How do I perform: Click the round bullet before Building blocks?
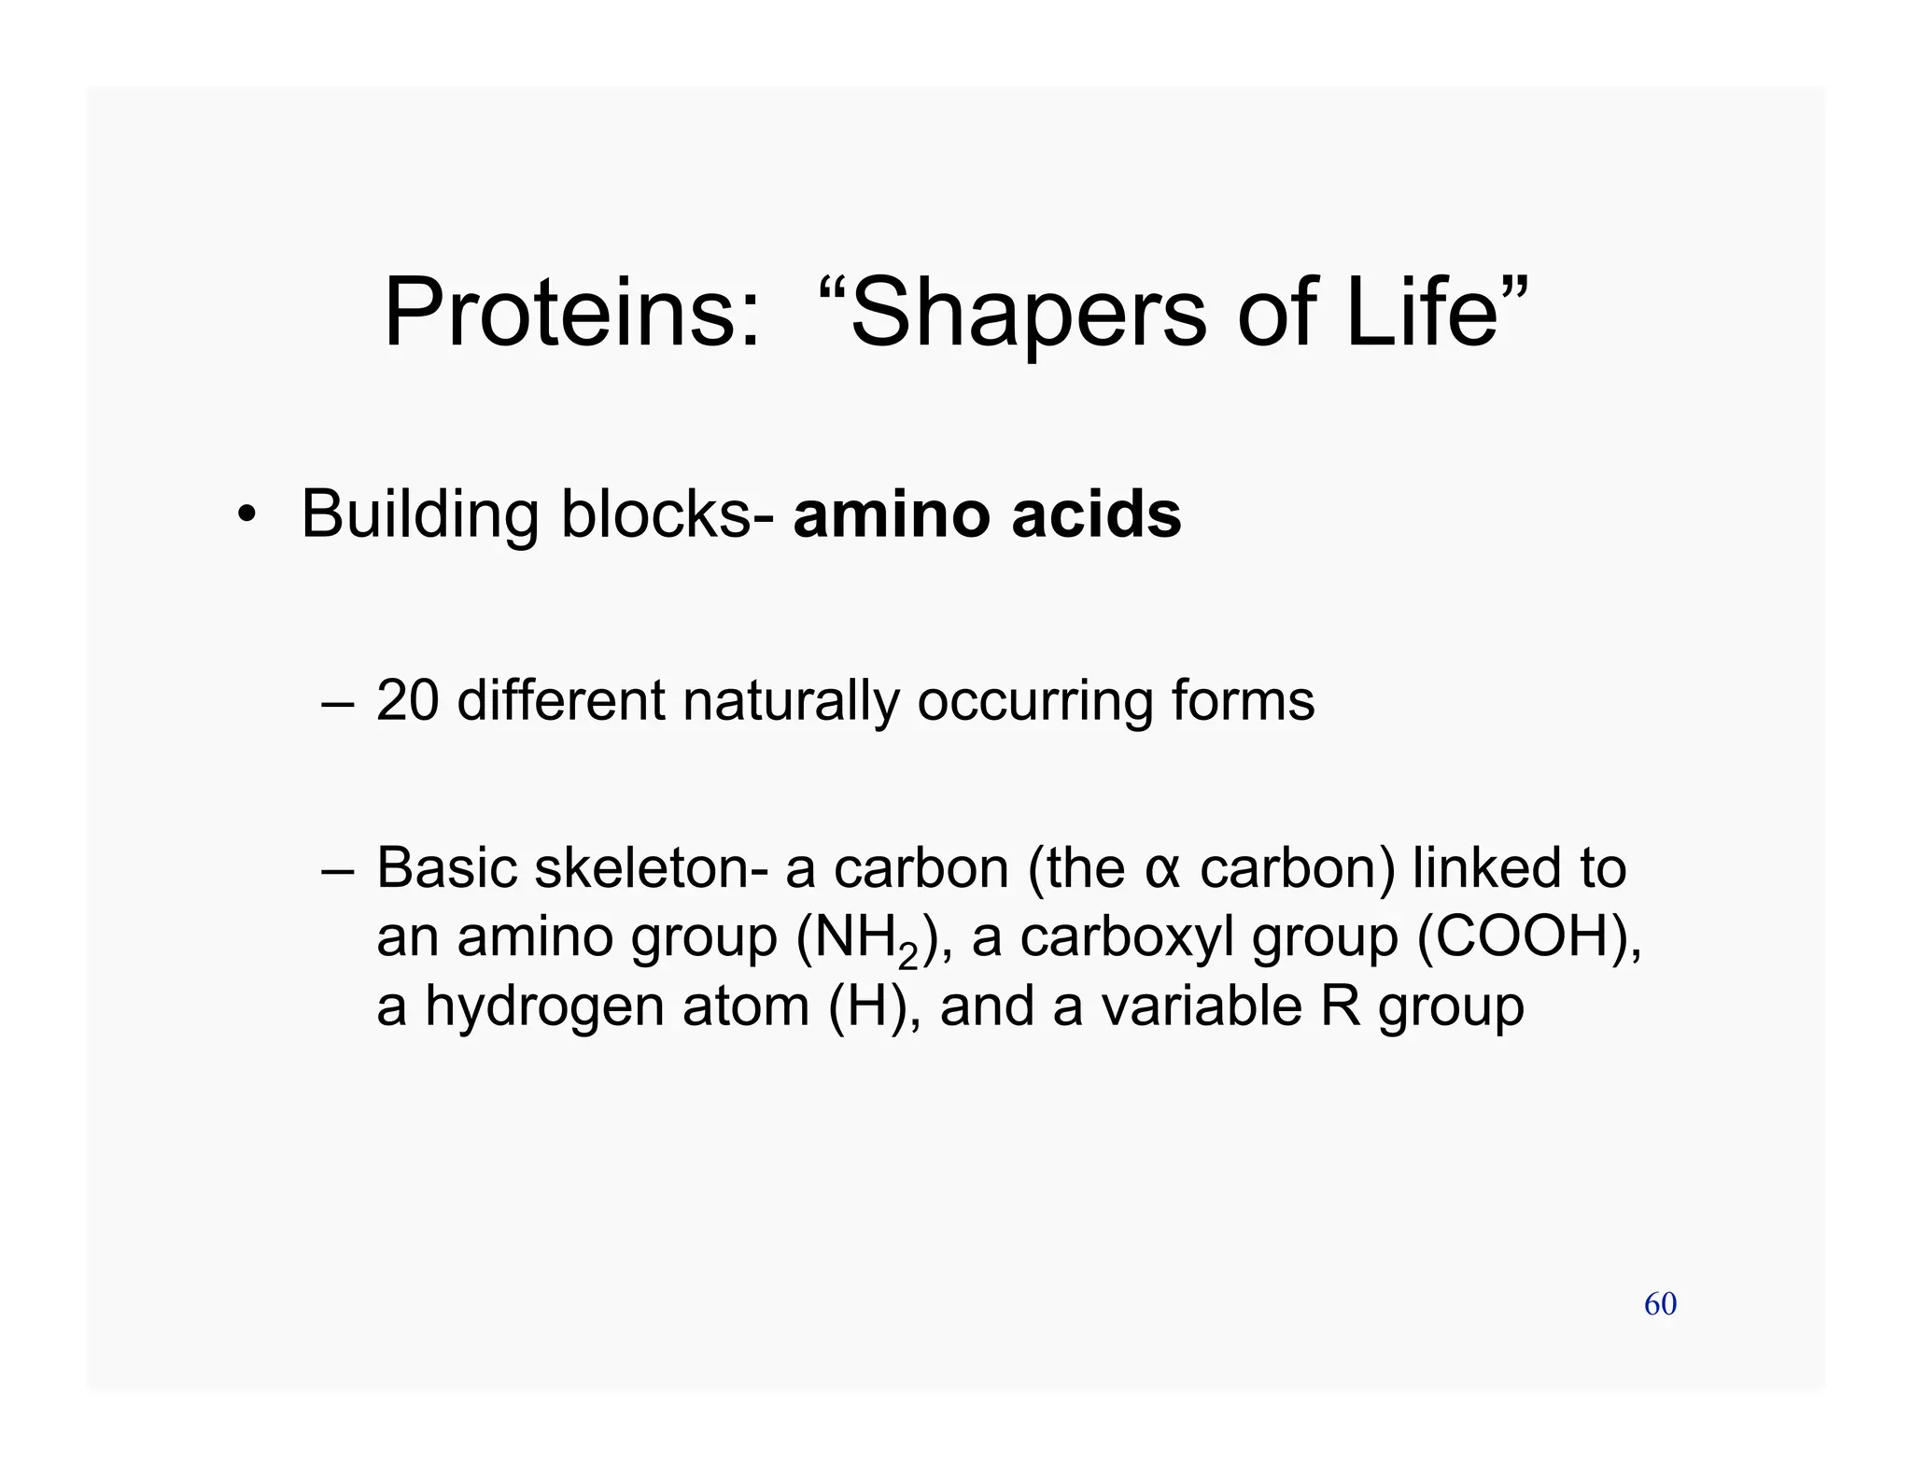[x=245, y=515]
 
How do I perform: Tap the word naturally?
[x=790, y=701]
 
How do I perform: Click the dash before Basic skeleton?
[x=337, y=870]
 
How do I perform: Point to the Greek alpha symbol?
[x=1162, y=870]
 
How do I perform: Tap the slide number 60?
[x=1660, y=1304]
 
